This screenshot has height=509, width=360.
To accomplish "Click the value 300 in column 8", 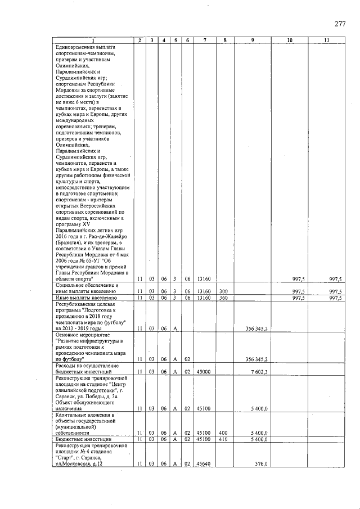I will (223, 291).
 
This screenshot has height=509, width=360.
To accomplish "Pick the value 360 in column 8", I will (223, 298).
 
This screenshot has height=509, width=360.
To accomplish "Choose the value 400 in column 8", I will (223, 433).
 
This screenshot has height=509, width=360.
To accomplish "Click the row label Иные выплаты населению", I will (86, 298).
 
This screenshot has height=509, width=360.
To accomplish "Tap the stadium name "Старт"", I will (66, 457).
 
